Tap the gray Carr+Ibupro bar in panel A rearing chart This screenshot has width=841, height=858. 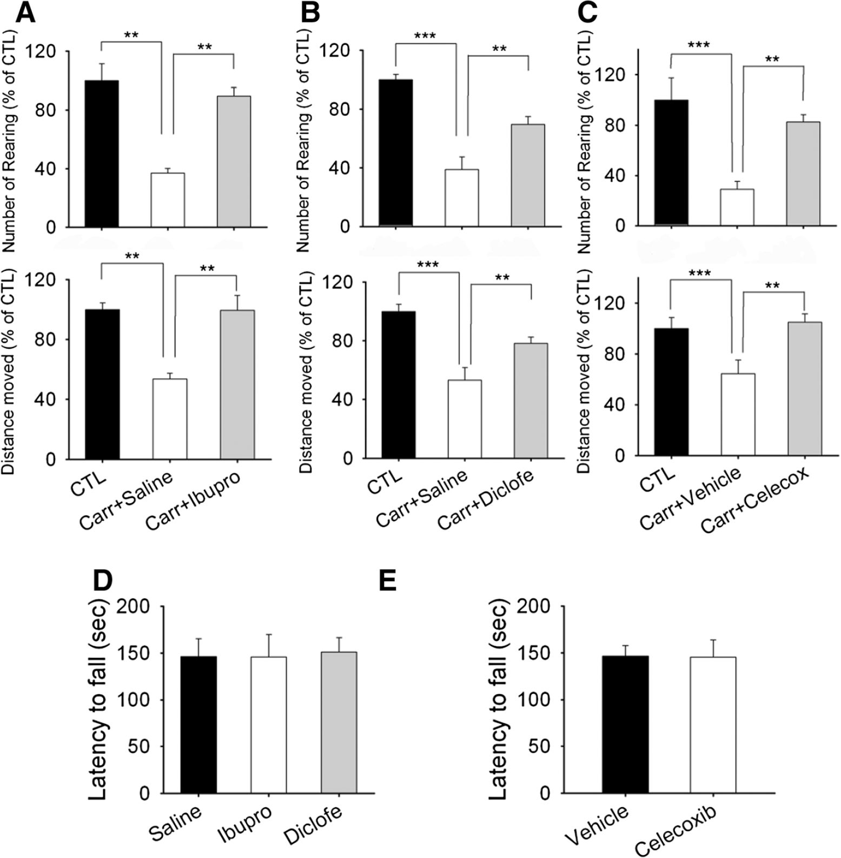click(x=234, y=162)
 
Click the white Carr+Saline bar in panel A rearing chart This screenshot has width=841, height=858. click(x=168, y=200)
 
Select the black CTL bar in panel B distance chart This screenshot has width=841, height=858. click(x=399, y=385)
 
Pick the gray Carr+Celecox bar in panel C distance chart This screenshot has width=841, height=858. click(x=805, y=389)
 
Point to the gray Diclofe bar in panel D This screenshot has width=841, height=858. click(x=339, y=723)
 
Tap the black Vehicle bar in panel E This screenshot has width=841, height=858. click(x=626, y=724)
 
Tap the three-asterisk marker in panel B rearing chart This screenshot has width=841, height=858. click(x=425, y=36)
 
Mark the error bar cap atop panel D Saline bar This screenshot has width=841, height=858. click(x=198, y=638)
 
